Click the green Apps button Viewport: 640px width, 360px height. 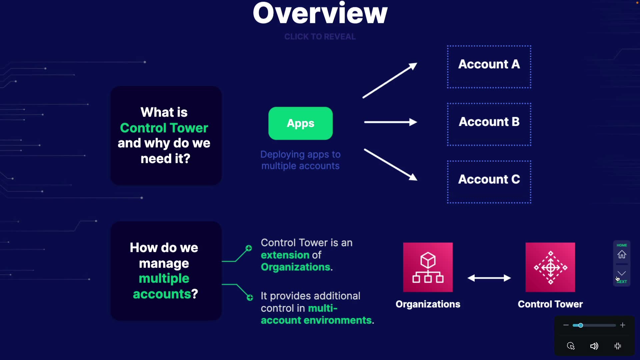(300, 123)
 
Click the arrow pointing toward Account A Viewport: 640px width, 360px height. (390, 80)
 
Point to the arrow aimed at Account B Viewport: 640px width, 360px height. (391, 122)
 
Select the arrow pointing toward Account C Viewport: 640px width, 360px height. (391, 165)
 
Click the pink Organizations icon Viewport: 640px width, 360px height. (428, 267)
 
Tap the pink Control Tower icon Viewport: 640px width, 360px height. (550, 267)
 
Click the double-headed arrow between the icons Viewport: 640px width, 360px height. (489, 278)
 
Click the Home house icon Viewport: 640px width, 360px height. (622, 255)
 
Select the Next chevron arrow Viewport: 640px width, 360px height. (622, 273)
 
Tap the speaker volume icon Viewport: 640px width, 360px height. (594, 346)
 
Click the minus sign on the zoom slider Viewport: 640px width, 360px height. (566, 325)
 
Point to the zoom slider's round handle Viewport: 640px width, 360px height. (580, 325)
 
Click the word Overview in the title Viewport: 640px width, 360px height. (320, 13)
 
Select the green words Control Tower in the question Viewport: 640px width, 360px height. (164, 128)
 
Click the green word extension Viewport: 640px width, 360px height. (285, 255)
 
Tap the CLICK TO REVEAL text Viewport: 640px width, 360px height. (320, 37)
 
